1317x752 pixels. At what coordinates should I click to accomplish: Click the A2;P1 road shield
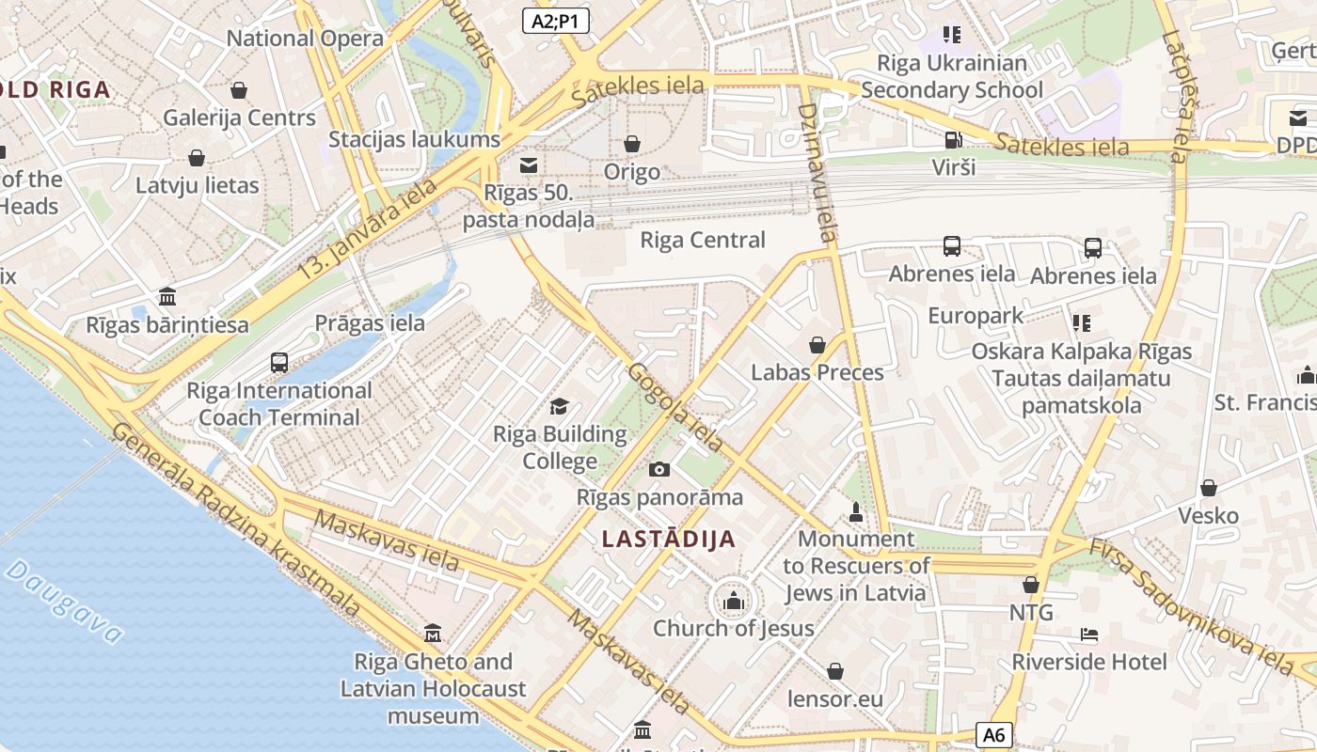(556, 21)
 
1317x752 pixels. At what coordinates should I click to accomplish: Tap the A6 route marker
(994, 735)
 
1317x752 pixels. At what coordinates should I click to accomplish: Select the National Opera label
(305, 39)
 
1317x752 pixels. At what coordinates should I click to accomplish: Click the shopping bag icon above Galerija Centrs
(239, 90)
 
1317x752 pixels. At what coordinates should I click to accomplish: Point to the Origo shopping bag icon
(632, 144)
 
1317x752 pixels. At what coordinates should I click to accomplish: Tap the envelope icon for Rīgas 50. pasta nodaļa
(529, 165)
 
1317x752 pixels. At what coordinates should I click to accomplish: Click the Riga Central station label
(703, 240)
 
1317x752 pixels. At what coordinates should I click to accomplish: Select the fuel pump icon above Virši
(953, 140)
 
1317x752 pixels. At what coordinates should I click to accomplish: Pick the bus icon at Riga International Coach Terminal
(279, 362)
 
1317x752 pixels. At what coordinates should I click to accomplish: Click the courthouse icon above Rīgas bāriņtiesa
(167, 297)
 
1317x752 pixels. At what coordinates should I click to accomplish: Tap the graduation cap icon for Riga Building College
(560, 406)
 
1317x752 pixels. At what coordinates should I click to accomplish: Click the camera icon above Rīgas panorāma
(659, 469)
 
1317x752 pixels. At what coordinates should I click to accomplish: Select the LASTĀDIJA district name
(668, 540)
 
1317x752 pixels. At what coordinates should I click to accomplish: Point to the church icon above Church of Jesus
(734, 600)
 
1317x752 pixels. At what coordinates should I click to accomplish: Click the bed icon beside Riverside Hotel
(1089, 634)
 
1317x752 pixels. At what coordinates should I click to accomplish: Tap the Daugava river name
(64, 602)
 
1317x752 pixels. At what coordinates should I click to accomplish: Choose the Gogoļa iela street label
(676, 406)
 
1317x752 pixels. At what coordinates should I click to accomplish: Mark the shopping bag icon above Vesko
(1209, 488)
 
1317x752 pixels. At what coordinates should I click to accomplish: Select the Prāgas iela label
(370, 323)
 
